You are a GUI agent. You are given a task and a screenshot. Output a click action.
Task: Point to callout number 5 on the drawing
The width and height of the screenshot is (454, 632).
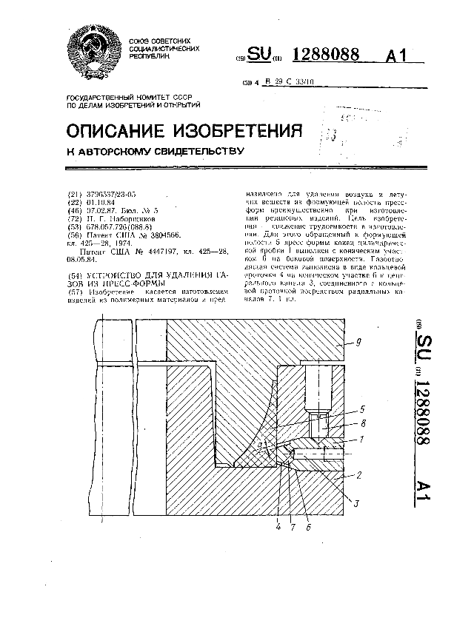(x=362, y=409)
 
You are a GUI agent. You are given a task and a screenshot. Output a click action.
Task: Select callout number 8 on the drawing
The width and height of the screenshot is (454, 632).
(x=363, y=425)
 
